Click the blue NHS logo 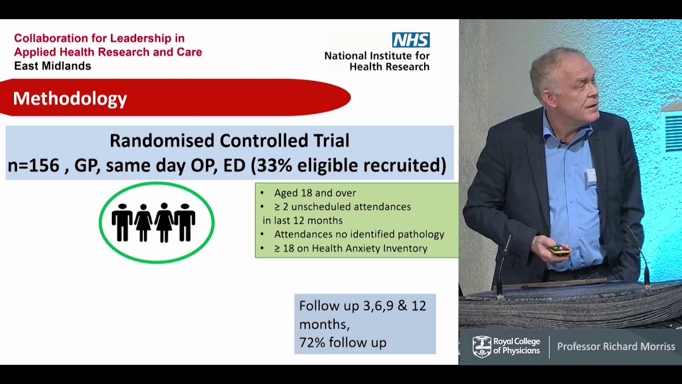click(411, 40)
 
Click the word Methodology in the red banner click(70, 99)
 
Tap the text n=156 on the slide click(33, 165)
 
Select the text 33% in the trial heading click(274, 165)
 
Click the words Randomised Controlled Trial click(229, 141)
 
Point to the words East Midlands click(52, 66)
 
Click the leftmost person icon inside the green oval click(122, 222)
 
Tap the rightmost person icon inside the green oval click(185, 222)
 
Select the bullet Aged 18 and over click(315, 193)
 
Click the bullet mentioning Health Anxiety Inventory click(351, 249)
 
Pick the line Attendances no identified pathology click(359, 235)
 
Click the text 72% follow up click(343, 342)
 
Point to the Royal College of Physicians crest click(482, 347)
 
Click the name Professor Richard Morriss click(616, 347)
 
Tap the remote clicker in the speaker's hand click(560, 250)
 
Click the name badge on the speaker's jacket click(591, 177)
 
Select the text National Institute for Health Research click(377, 61)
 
